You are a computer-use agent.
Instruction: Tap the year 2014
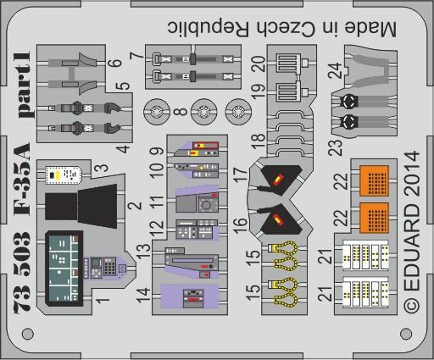coord(412,174)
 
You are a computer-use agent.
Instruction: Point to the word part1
coord(24,85)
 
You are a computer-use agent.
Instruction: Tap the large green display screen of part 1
coord(64,269)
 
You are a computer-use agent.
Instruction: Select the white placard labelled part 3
coord(64,174)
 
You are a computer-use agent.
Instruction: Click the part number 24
coord(335,70)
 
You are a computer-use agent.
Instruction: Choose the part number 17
coord(241,174)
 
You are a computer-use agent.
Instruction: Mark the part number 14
coord(143,295)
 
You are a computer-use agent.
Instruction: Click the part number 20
coord(259,64)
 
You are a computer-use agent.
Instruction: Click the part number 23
coord(336,147)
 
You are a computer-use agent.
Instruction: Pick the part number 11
coord(157,202)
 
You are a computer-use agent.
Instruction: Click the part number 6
coord(114,63)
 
